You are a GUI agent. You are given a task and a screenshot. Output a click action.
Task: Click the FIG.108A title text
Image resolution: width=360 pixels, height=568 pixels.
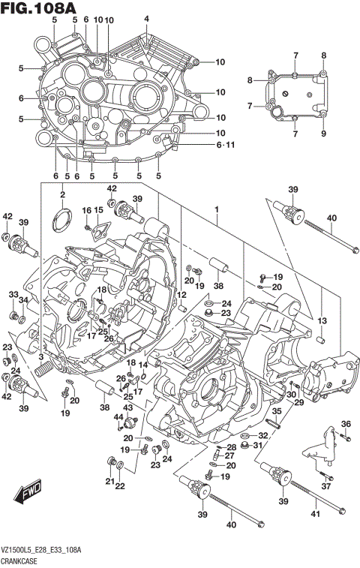pos(38,8)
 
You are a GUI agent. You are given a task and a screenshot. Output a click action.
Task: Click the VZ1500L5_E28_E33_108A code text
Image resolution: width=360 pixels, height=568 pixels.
pos(42,551)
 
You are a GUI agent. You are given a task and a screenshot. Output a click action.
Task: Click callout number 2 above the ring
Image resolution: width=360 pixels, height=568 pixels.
pos(63,196)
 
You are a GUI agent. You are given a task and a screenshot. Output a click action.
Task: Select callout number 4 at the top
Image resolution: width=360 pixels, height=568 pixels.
pos(146,19)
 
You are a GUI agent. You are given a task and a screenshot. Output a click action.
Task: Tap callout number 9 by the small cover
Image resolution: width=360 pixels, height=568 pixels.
pos(324,134)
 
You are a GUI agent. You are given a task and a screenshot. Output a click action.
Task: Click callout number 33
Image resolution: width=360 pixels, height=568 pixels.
pos(13,294)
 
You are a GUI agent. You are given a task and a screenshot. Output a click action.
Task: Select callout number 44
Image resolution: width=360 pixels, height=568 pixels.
pos(118,417)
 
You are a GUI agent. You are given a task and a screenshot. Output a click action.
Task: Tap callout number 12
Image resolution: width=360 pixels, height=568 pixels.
pos(181,296)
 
